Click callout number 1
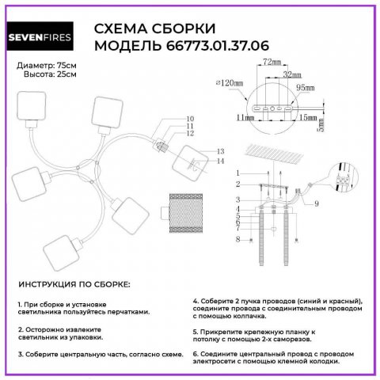tap(237, 173)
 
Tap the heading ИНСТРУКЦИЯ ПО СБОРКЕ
tap(74, 283)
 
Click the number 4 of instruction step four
tap(195, 301)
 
